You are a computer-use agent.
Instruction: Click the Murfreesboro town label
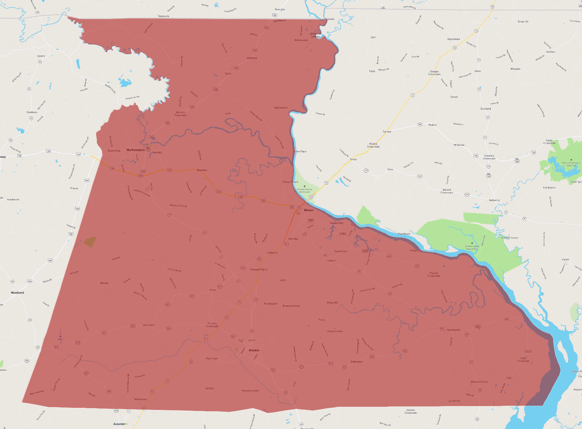tap(135, 150)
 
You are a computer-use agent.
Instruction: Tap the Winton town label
tap(308, 210)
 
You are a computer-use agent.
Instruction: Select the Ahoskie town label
tap(254, 350)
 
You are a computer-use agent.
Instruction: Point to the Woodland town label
tap(17, 293)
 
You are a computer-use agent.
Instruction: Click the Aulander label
tap(119, 424)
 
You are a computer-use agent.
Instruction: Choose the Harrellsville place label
tap(453, 330)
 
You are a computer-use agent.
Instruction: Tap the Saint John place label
tap(148, 325)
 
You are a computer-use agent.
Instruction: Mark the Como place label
tap(228, 74)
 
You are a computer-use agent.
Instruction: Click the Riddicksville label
tap(301, 40)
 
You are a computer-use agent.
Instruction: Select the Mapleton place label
tap(202, 170)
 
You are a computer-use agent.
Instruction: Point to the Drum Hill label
tap(523, 22)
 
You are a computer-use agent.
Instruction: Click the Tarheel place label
tap(387, 132)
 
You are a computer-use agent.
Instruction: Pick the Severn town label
tap(41, 56)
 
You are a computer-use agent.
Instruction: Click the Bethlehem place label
tap(356, 362)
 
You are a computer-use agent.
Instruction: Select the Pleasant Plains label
tap(259, 269)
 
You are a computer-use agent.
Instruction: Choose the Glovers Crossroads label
tap(410, 411)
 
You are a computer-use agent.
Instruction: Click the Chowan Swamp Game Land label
tap(305, 190)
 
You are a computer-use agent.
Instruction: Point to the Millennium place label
tap(141, 399)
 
